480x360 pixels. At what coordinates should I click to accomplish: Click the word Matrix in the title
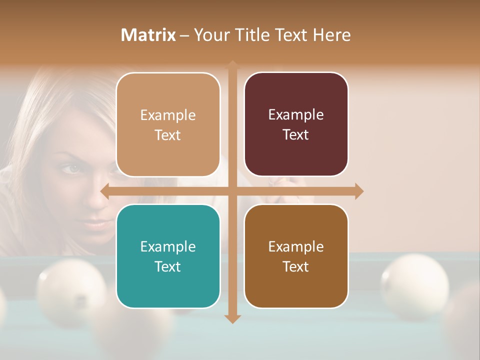click(148, 35)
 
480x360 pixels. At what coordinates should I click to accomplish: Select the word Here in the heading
click(332, 35)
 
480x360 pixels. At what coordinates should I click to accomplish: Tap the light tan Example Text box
click(168, 124)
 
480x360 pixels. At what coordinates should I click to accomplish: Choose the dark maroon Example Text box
click(296, 124)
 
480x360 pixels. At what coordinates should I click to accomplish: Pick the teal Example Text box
click(168, 256)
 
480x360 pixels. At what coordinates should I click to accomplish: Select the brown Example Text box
click(296, 256)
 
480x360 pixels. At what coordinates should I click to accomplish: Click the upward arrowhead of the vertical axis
click(232, 64)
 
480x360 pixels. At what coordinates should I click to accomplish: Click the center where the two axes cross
click(232, 191)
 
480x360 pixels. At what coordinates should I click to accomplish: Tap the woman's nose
click(95, 200)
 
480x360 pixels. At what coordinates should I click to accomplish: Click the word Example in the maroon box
click(296, 114)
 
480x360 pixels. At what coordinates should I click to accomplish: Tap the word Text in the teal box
click(168, 266)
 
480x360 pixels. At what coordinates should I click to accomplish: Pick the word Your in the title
click(209, 35)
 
